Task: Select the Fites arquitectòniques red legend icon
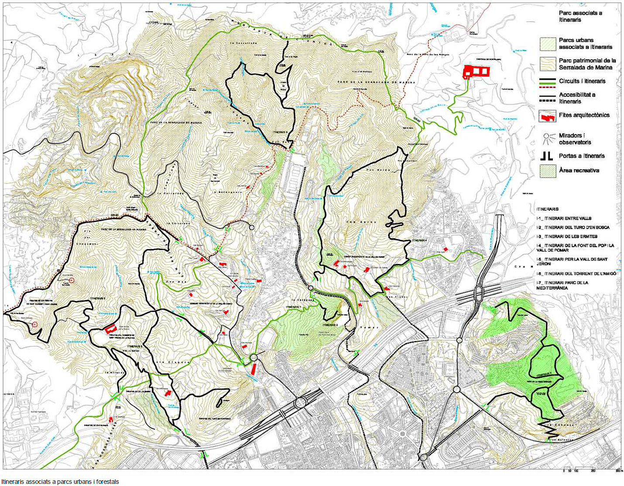[x=547, y=116]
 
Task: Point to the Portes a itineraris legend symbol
[x=547, y=156]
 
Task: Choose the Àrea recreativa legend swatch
[x=547, y=171]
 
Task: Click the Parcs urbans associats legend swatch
[x=547, y=44]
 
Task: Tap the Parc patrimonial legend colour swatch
[x=547, y=64]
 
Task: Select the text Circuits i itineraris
[x=582, y=81]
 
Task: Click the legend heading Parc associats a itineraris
[x=580, y=16]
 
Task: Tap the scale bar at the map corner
[x=591, y=470]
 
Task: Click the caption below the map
[x=60, y=482]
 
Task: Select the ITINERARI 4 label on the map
[x=418, y=240]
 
